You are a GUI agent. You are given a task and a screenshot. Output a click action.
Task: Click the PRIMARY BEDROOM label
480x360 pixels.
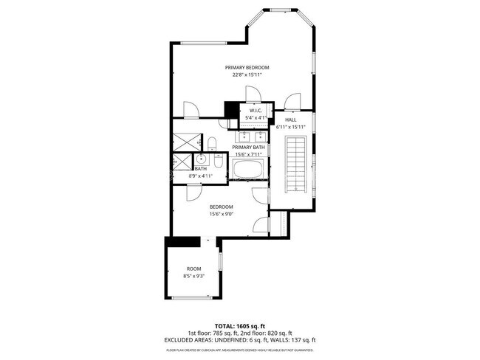(x=247, y=67)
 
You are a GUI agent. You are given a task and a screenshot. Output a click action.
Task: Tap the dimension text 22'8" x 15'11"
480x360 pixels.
(x=247, y=75)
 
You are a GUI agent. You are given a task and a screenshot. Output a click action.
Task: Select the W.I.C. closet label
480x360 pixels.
(x=256, y=110)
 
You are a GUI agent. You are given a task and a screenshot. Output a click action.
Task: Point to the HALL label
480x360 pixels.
(x=290, y=120)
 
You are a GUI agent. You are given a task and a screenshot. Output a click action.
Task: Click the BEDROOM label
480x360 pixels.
(x=221, y=207)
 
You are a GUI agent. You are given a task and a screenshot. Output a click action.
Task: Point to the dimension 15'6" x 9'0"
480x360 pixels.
(x=221, y=214)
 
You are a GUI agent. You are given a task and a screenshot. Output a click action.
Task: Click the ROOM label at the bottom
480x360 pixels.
(x=193, y=269)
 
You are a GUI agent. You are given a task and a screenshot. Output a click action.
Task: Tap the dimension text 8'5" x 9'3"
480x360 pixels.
(x=193, y=276)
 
